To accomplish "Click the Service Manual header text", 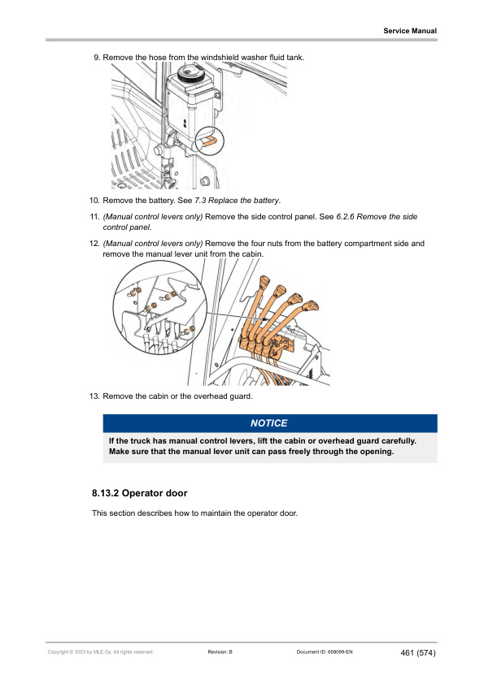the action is (410, 31).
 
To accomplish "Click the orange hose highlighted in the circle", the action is (209, 140).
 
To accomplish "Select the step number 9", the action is (97, 58).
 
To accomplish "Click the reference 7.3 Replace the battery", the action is (237, 201).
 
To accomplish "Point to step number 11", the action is (94, 217).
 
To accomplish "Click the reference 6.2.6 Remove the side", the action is (377, 217).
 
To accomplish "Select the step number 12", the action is (94, 244).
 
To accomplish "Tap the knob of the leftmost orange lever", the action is (264, 281).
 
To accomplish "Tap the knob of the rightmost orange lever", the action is (311, 305).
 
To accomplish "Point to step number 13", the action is (94, 396).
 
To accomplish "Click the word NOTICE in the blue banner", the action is (269, 423).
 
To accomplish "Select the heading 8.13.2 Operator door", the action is (139, 493).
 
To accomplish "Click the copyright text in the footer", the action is (101, 652).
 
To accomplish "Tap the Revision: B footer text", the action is (220, 652).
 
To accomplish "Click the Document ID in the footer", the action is (325, 652).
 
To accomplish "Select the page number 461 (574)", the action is (418, 653).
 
